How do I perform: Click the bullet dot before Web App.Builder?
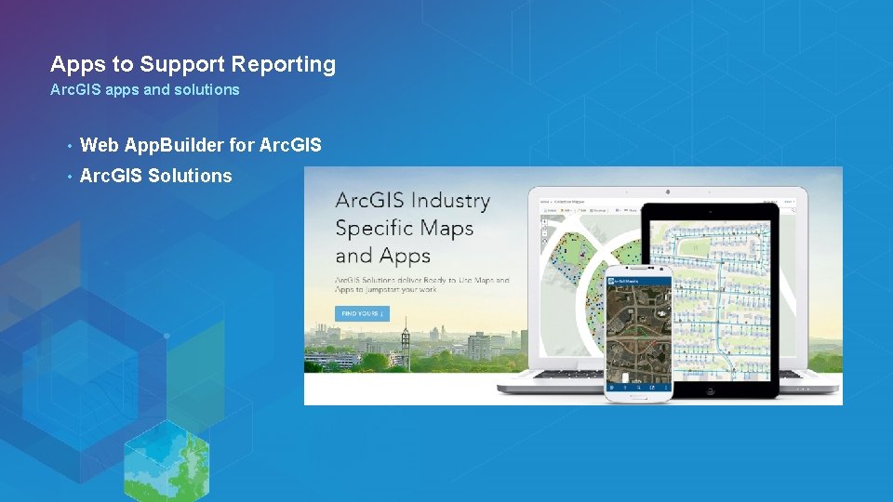[x=69, y=146]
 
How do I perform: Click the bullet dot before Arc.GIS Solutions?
[x=69, y=177]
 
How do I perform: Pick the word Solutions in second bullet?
[x=190, y=176]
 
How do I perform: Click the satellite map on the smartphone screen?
[x=638, y=330]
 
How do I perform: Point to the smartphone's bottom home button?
[x=638, y=397]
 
